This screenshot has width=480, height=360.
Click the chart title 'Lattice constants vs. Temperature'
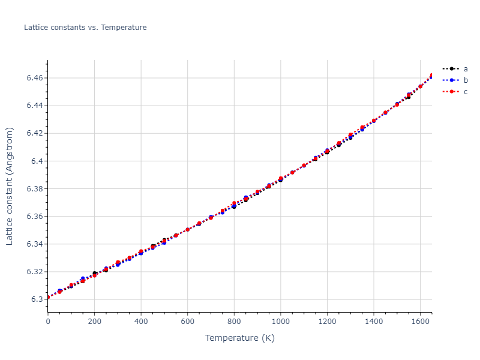click(85, 28)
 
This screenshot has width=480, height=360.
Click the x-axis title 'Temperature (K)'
click(239, 338)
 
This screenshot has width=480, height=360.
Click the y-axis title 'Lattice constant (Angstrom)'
click(10, 185)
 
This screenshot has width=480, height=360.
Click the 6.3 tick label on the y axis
click(37, 299)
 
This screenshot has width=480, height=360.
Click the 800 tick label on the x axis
click(234, 322)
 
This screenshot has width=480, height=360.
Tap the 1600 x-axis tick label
click(420, 322)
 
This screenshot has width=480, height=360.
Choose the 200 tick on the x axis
click(94, 322)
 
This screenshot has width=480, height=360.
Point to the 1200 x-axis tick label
click(327, 322)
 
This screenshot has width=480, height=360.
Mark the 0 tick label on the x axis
click(48, 322)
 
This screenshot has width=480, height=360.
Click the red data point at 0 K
click(48, 298)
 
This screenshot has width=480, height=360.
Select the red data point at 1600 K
click(420, 86)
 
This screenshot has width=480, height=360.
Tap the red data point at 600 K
click(188, 230)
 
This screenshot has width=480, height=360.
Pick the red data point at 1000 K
click(281, 179)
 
